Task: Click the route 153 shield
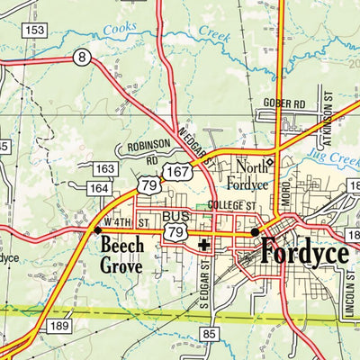pyautogui.click(x=35, y=30)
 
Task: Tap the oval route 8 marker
pyautogui.click(x=83, y=58)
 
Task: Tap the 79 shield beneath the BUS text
pyautogui.click(x=175, y=233)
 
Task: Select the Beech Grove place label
pyautogui.click(x=121, y=256)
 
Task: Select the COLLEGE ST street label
pyautogui.click(x=231, y=205)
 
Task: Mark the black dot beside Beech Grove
pyautogui.click(x=97, y=230)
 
